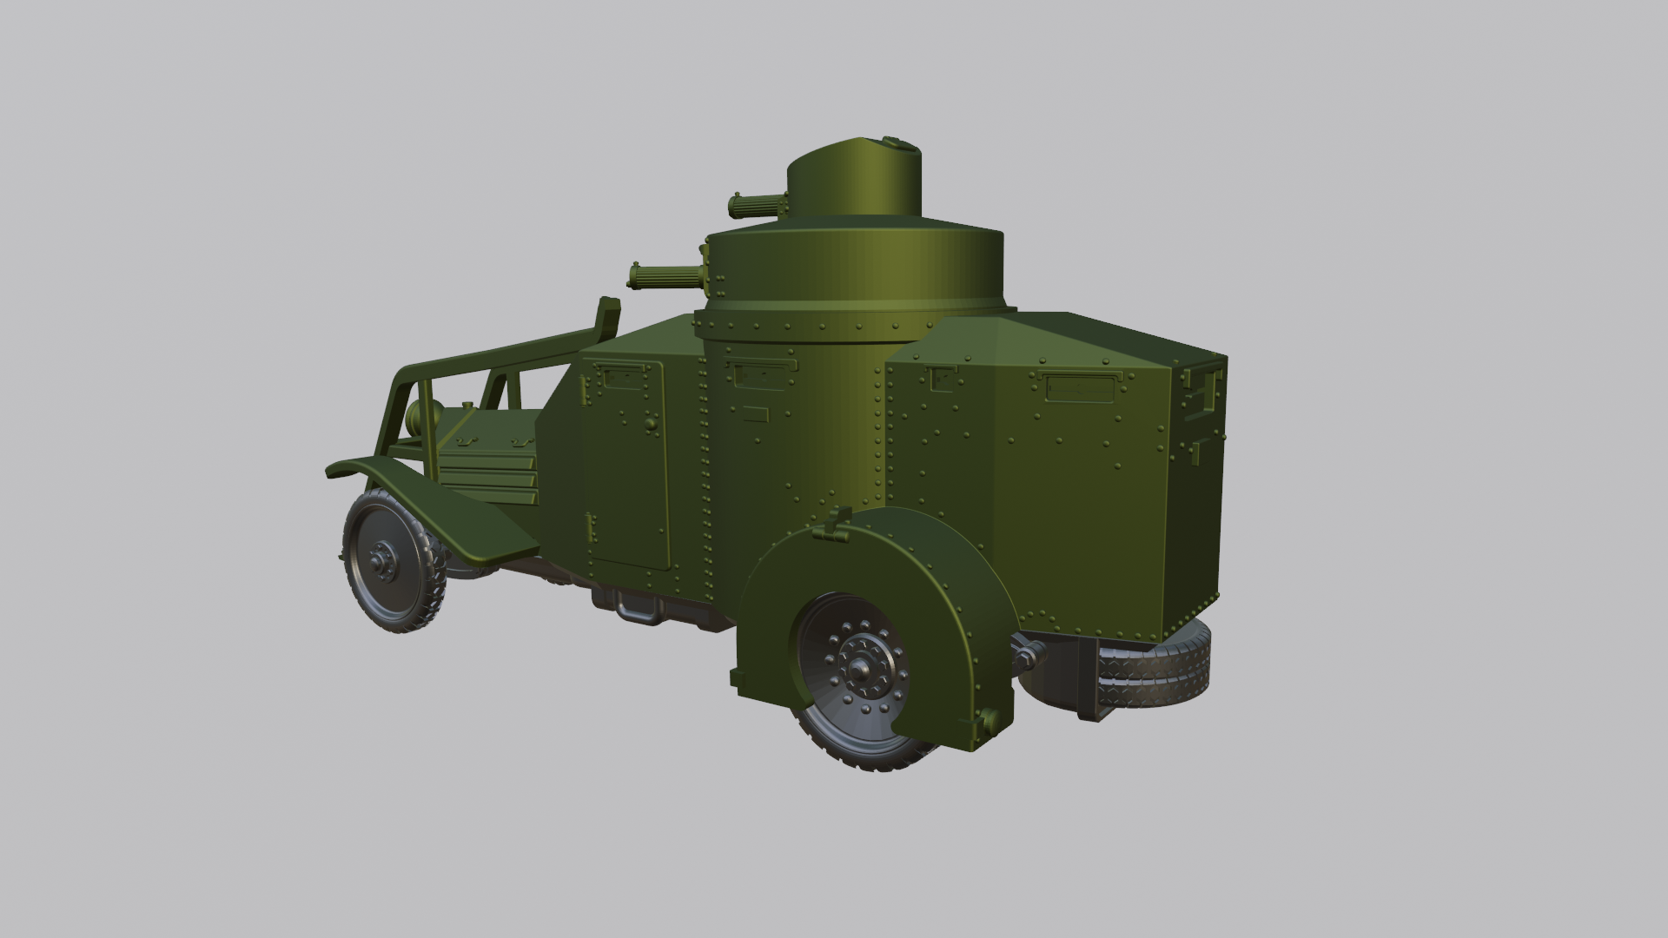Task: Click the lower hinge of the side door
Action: (x=591, y=526)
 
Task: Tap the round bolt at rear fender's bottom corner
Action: (x=988, y=718)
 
